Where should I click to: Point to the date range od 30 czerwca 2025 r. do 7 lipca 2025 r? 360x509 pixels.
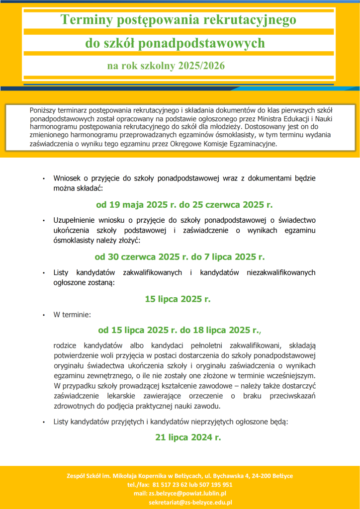click(x=180, y=257)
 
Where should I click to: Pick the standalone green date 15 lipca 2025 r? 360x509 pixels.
click(x=178, y=299)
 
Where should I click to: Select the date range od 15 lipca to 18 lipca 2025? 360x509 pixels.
click(x=179, y=330)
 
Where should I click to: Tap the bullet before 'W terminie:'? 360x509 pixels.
click(x=44, y=315)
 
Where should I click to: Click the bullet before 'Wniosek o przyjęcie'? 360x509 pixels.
click(x=44, y=178)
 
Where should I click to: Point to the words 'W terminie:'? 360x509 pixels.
click(x=72, y=315)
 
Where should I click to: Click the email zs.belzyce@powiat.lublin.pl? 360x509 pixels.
click(x=187, y=493)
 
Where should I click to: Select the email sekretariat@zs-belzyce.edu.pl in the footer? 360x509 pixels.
click(x=190, y=502)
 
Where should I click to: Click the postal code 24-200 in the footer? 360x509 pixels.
click(x=258, y=476)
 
